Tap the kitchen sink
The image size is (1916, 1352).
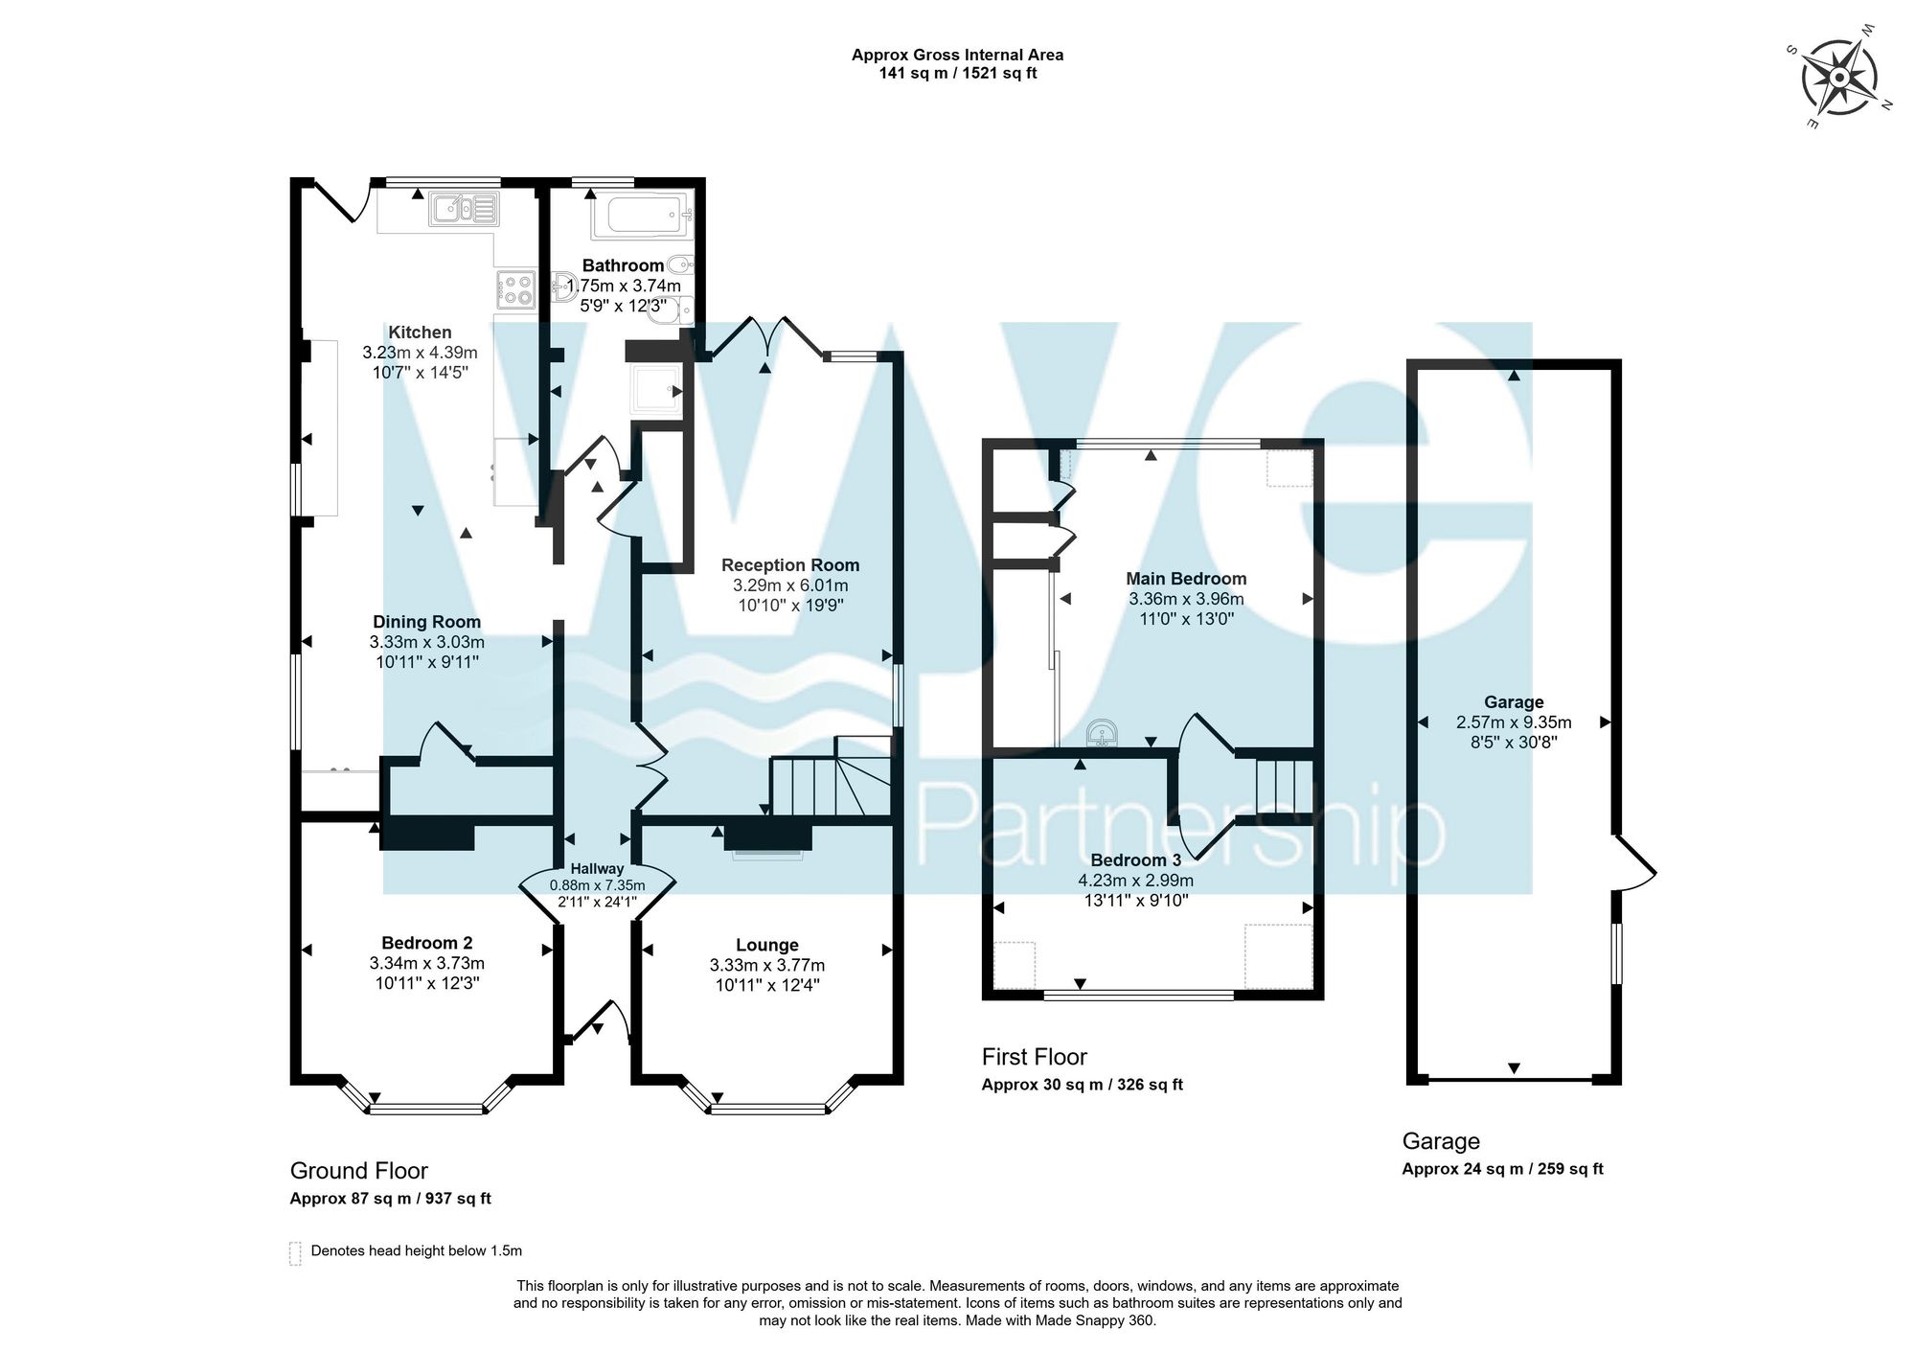465,207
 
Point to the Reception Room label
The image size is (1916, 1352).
790,565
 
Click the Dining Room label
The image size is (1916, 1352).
426,622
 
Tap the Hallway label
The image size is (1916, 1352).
597,869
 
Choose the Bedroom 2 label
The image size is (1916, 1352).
426,943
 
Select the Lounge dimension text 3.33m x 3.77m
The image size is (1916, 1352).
767,965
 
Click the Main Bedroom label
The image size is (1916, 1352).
1186,579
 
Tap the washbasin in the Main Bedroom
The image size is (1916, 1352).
1102,733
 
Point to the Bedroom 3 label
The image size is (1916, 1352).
1136,860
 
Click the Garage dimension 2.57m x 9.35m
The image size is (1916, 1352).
1514,722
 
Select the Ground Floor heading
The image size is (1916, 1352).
359,1171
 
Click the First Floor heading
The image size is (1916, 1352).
1035,1057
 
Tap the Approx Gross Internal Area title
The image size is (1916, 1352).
958,55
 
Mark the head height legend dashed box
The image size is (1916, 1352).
295,1253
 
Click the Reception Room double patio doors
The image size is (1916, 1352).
767,339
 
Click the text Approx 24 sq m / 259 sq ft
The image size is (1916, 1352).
1502,1169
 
